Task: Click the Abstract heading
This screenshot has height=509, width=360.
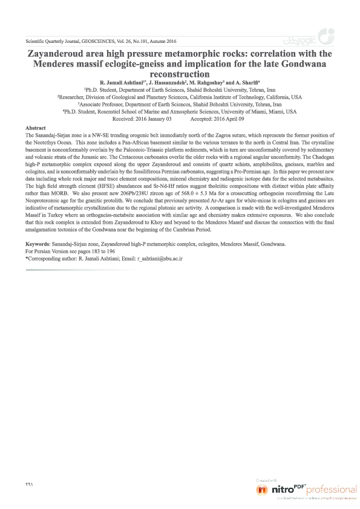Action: [36, 128]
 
